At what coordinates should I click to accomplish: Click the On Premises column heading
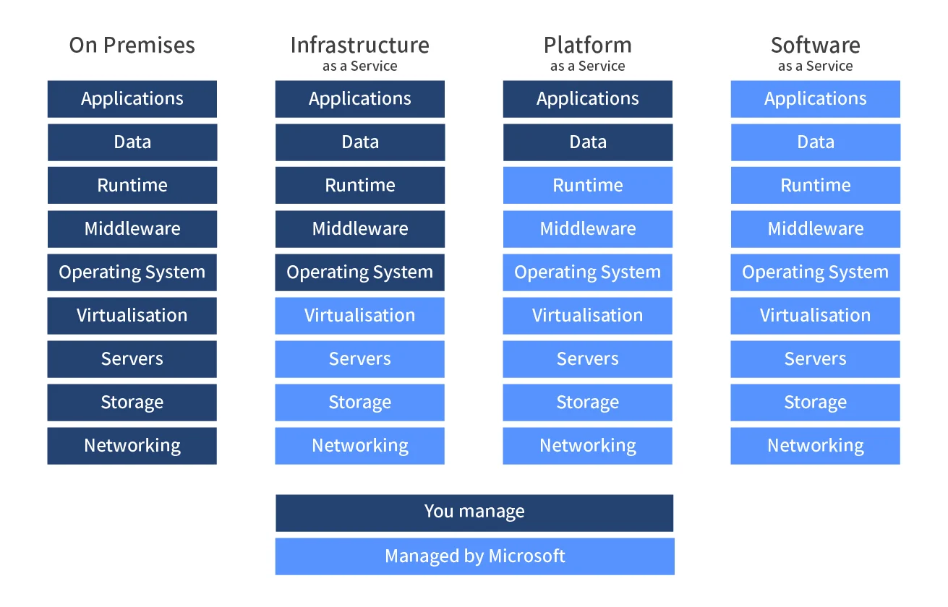(x=132, y=46)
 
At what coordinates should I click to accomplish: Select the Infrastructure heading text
(x=359, y=46)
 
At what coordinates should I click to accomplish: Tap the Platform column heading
(x=587, y=46)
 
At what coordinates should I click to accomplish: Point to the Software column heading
(x=815, y=46)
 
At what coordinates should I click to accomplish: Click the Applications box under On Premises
(x=132, y=99)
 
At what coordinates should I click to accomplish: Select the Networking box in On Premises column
(x=132, y=446)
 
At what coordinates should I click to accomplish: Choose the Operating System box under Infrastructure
(x=359, y=272)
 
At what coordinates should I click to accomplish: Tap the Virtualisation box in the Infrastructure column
(x=359, y=316)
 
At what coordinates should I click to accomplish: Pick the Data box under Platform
(x=587, y=142)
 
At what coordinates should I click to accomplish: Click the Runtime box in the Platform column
(x=587, y=186)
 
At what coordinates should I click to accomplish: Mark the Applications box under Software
(x=815, y=99)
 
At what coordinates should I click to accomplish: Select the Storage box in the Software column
(x=815, y=402)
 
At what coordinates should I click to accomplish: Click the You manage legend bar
(x=474, y=512)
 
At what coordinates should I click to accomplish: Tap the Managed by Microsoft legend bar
(x=474, y=556)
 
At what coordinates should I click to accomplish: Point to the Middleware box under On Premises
(x=132, y=229)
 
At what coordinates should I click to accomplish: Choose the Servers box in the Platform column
(x=587, y=359)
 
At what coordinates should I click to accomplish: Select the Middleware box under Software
(x=815, y=229)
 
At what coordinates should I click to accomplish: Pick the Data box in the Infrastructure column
(x=359, y=142)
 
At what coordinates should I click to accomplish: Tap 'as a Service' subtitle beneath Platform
(x=587, y=66)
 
